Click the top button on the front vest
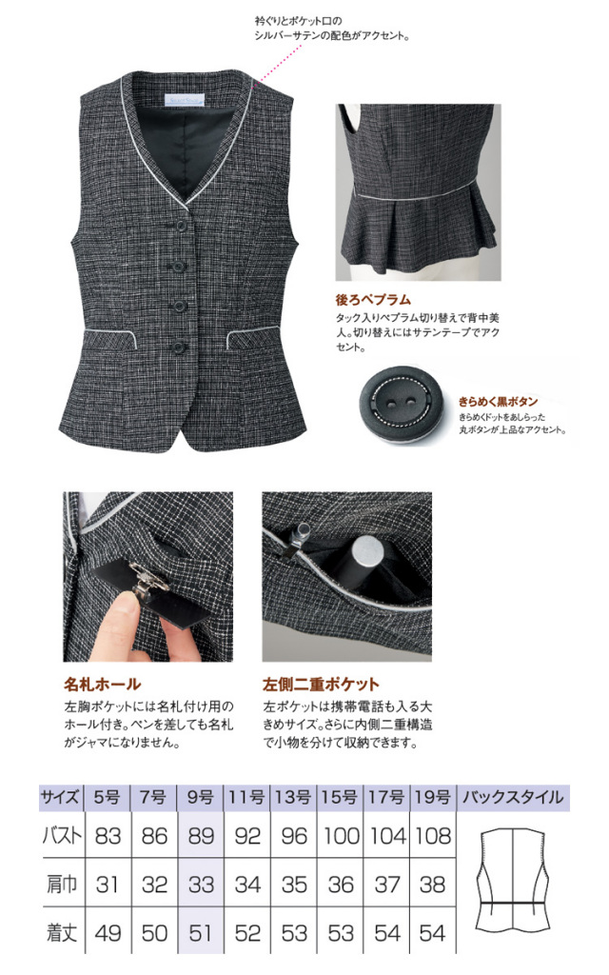(x=181, y=225)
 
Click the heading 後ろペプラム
(x=373, y=300)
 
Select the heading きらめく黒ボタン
(x=499, y=402)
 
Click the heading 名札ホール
(x=103, y=685)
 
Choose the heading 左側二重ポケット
(x=321, y=685)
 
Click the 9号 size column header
(x=200, y=797)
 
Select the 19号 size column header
(x=433, y=797)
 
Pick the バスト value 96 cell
(x=293, y=835)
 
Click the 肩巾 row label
(x=62, y=884)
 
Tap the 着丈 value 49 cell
(x=108, y=932)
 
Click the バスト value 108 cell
(x=433, y=835)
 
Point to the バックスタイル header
(x=513, y=797)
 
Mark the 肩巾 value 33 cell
(x=200, y=884)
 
